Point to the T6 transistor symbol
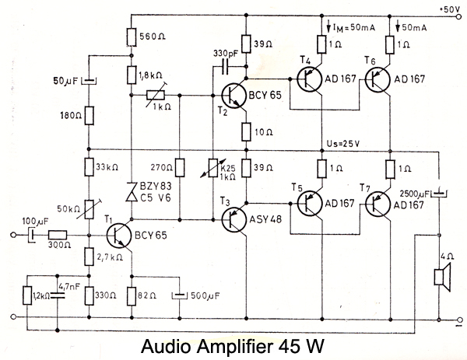[x=379, y=79]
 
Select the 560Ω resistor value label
[x=151, y=35]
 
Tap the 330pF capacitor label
[x=227, y=54]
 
